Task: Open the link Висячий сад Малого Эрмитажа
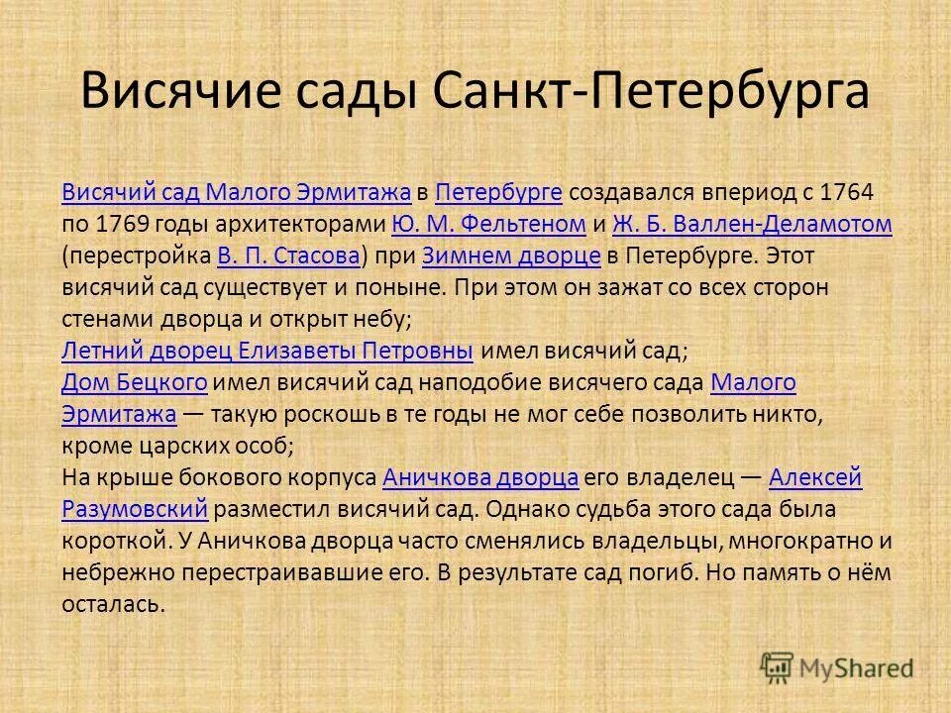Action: (236, 192)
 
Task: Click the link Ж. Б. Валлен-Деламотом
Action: (753, 224)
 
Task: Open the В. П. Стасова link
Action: (287, 255)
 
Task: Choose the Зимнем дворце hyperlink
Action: (511, 255)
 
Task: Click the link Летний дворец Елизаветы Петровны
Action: (266, 351)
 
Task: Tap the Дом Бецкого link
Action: (134, 382)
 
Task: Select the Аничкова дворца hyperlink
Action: (480, 477)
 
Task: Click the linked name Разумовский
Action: (134, 509)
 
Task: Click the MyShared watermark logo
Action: (837, 666)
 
